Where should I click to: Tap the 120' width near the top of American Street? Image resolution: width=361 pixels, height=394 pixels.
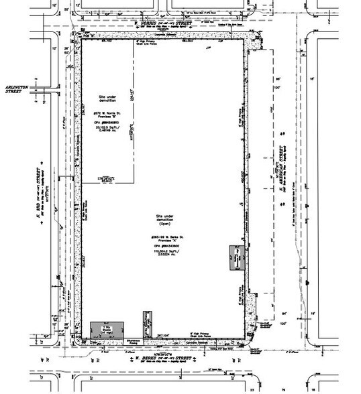274,88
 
